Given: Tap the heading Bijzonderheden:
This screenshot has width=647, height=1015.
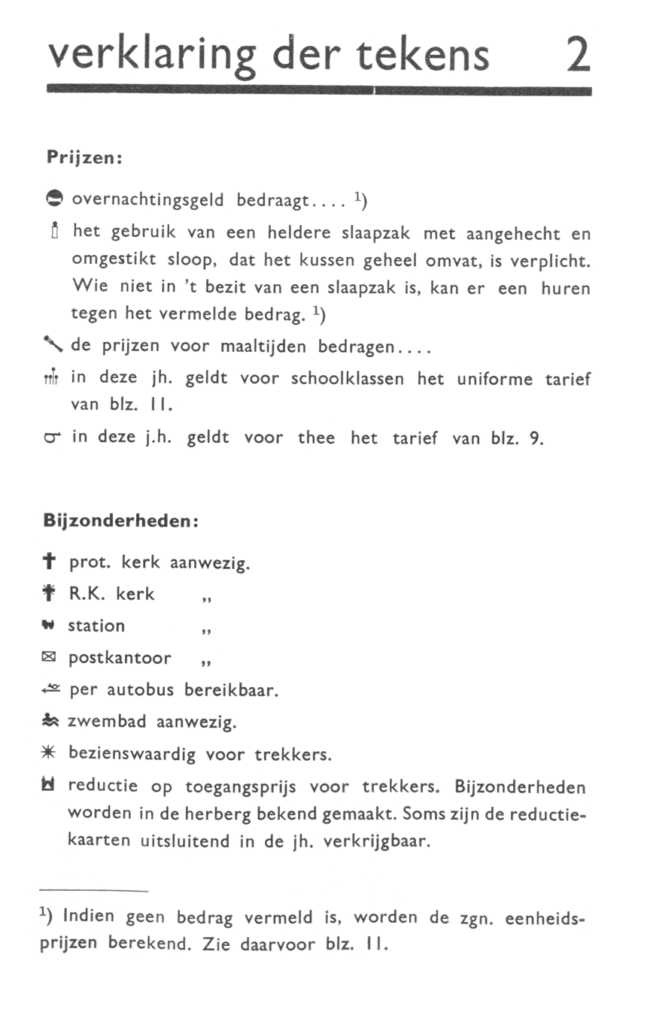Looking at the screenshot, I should click(120, 521).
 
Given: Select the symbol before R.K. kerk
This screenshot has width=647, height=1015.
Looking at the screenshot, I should click(53, 594).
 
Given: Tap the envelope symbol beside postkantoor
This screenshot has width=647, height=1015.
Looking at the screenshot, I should click(53, 659).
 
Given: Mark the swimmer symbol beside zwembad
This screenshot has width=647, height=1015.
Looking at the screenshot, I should click(53, 722).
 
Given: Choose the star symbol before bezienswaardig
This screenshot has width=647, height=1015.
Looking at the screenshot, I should click(53, 753).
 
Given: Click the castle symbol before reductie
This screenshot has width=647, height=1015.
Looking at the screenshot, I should click(53, 787).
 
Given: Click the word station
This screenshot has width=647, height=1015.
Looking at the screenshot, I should click(96, 626).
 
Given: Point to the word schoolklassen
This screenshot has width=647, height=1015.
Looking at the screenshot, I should click(347, 379).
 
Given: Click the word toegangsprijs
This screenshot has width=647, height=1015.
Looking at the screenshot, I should click(241, 788).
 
